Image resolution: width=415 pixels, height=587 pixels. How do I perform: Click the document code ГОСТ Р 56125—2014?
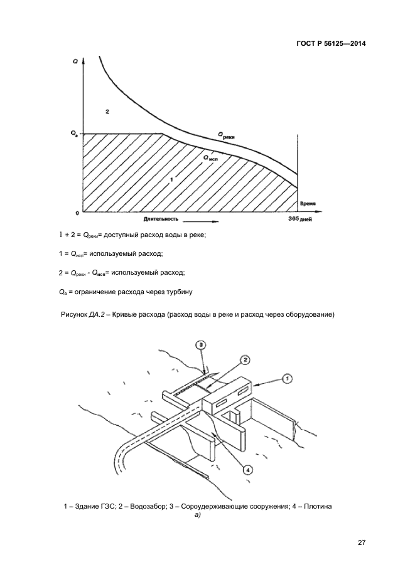tap(331, 44)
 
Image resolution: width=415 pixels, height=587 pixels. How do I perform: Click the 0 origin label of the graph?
tap(77, 213)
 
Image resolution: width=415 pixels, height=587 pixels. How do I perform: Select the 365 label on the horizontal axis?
tap(293, 219)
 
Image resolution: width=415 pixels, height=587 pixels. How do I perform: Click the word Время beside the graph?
tap(308, 204)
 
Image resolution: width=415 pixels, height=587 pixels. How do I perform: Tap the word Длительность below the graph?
tap(161, 219)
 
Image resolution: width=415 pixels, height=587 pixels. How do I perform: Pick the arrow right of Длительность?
tap(201, 221)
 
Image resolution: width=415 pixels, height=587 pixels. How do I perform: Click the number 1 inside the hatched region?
tap(171, 180)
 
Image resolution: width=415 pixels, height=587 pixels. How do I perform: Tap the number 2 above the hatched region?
tap(107, 112)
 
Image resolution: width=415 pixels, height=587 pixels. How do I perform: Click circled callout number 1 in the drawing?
tap(287, 379)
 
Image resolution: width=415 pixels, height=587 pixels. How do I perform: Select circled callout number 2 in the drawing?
tap(244, 360)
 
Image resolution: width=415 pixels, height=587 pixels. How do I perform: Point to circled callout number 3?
tap(201, 345)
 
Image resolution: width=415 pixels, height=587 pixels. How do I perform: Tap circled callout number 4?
tap(248, 468)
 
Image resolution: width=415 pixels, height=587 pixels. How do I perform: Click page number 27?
tap(362, 543)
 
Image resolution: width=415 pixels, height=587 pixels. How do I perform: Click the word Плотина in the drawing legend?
tap(318, 507)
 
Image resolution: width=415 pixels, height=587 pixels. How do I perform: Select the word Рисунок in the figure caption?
tap(74, 315)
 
